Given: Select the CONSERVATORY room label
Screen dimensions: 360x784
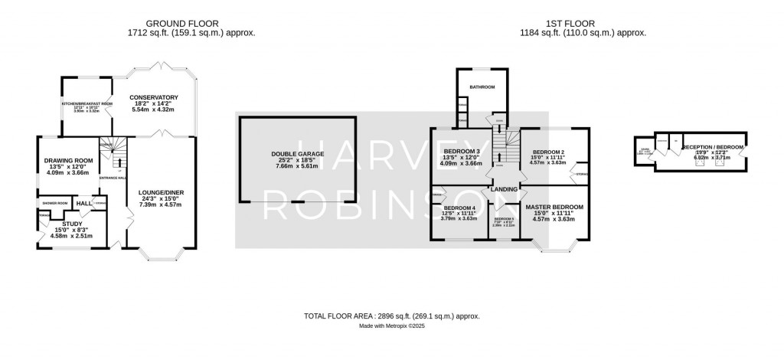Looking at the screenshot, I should (x=153, y=97).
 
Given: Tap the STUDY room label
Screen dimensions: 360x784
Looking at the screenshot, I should (x=71, y=224).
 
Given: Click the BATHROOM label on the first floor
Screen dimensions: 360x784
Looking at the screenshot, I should (x=482, y=87).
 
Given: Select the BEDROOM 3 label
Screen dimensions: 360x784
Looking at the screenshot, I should (x=462, y=152).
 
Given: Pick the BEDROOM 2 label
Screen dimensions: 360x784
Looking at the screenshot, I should (x=548, y=152).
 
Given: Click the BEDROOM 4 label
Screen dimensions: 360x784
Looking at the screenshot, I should (x=460, y=208).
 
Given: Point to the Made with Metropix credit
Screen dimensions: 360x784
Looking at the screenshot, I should (x=392, y=326).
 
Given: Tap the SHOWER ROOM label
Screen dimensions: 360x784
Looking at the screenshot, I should (x=56, y=203).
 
